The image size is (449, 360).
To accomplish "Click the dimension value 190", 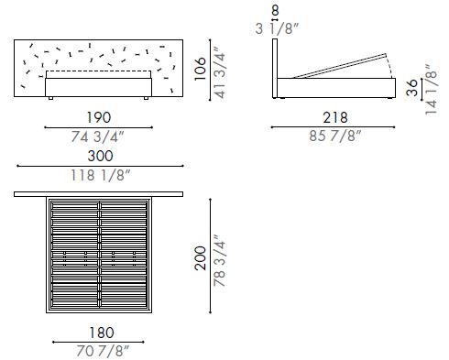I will pos(98,117).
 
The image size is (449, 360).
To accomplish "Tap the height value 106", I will pos(201,67).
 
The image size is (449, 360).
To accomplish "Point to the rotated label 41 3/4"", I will pos(220,67).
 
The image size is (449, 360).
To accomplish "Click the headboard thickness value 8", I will pos(275,12).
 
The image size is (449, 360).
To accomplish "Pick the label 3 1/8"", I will pos(275,28).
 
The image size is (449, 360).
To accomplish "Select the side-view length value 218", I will pos(334,117).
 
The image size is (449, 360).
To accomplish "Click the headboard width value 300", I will pos(98,158).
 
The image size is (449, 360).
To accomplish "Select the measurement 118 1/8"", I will pos(98,176).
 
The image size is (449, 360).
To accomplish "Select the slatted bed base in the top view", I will pos(98,256).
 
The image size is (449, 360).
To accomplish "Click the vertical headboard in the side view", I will pos(276,69).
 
